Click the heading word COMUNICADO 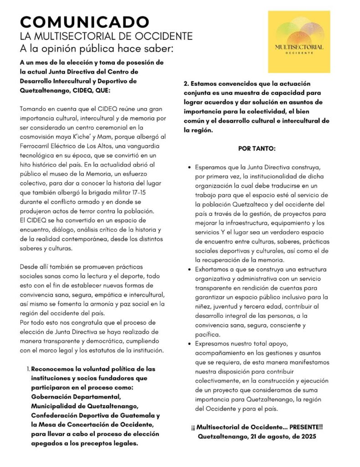pyautogui.click(x=84, y=21)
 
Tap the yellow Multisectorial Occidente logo pyautogui.click(x=299, y=42)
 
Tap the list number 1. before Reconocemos pyautogui.click(x=28, y=368)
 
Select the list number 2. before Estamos pyautogui.click(x=186, y=84)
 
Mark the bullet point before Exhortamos pyautogui.click(x=189, y=270)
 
